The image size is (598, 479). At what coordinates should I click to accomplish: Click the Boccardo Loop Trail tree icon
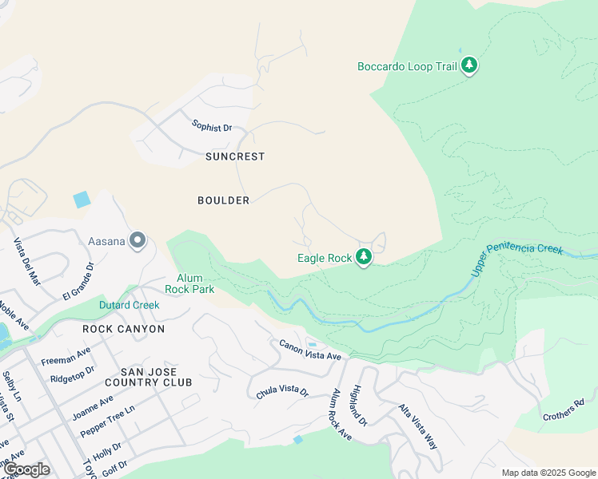pyautogui.click(x=469, y=66)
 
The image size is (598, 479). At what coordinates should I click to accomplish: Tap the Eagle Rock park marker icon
pyautogui.click(x=364, y=257)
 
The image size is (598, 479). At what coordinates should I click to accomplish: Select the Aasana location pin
pyautogui.click(x=138, y=240)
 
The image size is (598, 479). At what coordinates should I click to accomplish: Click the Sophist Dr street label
pyautogui.click(x=212, y=126)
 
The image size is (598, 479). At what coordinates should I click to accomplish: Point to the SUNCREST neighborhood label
pyautogui.click(x=235, y=156)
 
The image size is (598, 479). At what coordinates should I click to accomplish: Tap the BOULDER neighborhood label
pyautogui.click(x=224, y=200)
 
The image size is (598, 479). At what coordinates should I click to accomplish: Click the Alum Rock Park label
pyautogui.click(x=189, y=283)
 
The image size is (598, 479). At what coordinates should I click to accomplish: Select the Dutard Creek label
pyautogui.click(x=129, y=305)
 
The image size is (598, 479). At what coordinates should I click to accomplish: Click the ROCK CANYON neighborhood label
pyautogui.click(x=124, y=329)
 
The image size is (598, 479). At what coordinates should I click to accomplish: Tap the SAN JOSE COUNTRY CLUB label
pyautogui.click(x=157, y=377)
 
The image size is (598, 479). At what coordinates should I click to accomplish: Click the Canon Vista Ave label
pyautogui.click(x=310, y=350)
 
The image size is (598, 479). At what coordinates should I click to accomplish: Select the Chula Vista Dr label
pyautogui.click(x=282, y=391)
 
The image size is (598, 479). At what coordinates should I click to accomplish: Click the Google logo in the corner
pyautogui.click(x=26, y=469)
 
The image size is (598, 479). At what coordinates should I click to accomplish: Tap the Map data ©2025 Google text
pyautogui.click(x=548, y=473)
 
